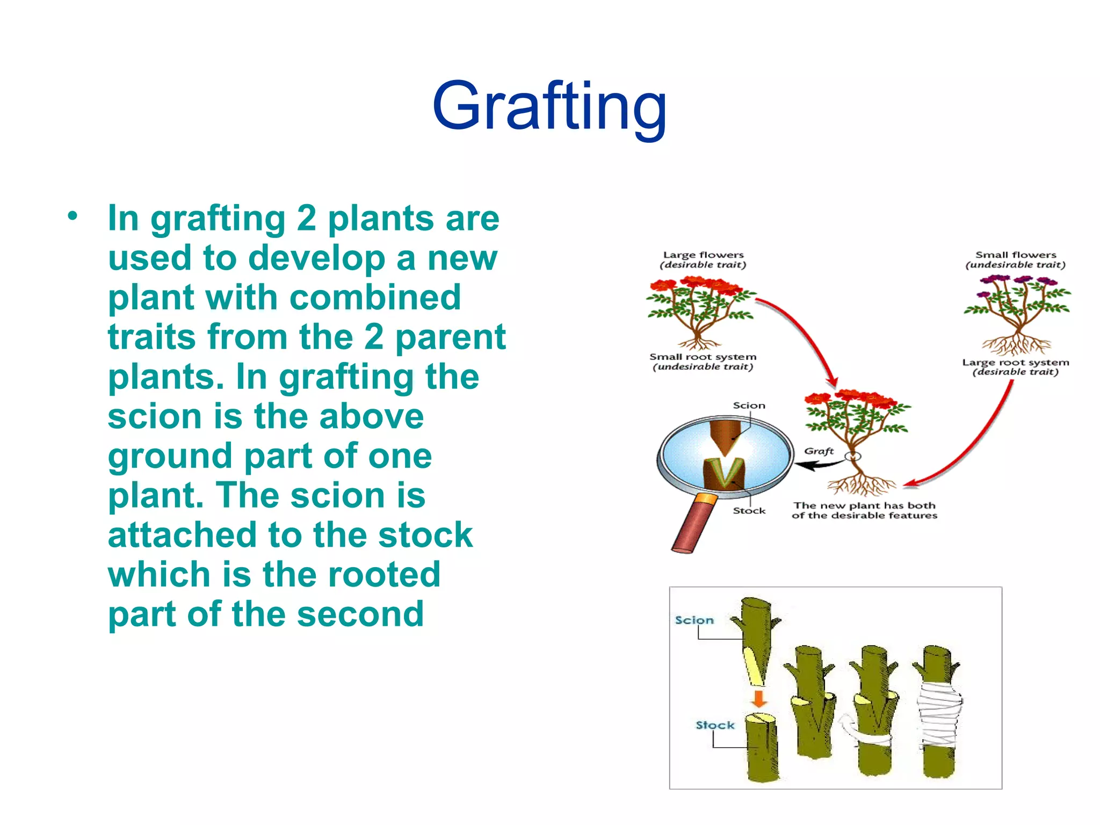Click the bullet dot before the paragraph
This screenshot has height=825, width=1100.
point(73,216)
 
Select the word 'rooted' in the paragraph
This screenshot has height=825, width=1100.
point(383,574)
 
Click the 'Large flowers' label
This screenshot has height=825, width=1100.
point(703,255)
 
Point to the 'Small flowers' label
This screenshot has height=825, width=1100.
point(1015,255)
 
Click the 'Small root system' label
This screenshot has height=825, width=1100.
point(703,357)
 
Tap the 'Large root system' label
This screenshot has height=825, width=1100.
point(1015,363)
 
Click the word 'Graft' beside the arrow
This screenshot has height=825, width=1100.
point(819,451)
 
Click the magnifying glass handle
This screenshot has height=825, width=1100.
point(693,524)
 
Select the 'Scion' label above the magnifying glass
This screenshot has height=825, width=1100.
point(749,406)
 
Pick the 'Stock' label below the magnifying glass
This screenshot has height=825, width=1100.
point(749,511)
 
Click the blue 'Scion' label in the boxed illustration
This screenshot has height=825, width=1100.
point(694,620)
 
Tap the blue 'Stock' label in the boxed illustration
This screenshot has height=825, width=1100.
point(715,725)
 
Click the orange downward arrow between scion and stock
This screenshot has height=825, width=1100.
point(758,699)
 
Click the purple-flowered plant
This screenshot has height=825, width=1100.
point(1016,312)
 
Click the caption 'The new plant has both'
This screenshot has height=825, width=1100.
point(864,505)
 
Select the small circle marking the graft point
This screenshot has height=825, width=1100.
point(852,457)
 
